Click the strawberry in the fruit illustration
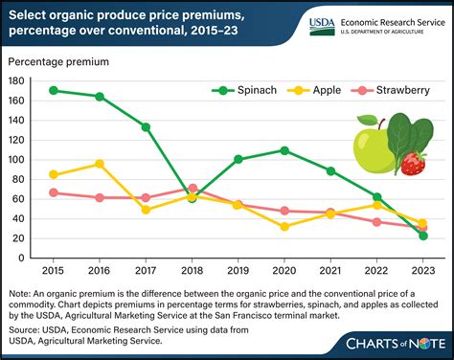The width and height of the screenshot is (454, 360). pos(413,162)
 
